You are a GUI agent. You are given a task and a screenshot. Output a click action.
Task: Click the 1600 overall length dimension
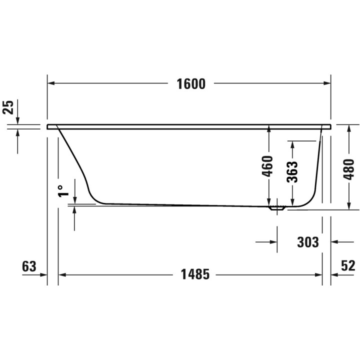point(191,84)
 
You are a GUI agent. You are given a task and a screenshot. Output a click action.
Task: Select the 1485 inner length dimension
point(192,274)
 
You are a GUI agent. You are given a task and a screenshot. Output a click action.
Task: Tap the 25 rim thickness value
point(8,107)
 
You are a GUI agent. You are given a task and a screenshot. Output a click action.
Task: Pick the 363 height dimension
point(292,171)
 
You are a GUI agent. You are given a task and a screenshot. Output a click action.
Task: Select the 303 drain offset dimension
point(307,242)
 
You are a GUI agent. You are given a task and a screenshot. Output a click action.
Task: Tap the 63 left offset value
point(29,266)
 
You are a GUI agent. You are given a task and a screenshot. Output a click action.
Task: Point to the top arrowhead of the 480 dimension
point(349,128)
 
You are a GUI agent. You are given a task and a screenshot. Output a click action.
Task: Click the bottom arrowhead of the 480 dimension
point(349,205)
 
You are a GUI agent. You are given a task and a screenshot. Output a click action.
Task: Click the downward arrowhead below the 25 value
point(17,120)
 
